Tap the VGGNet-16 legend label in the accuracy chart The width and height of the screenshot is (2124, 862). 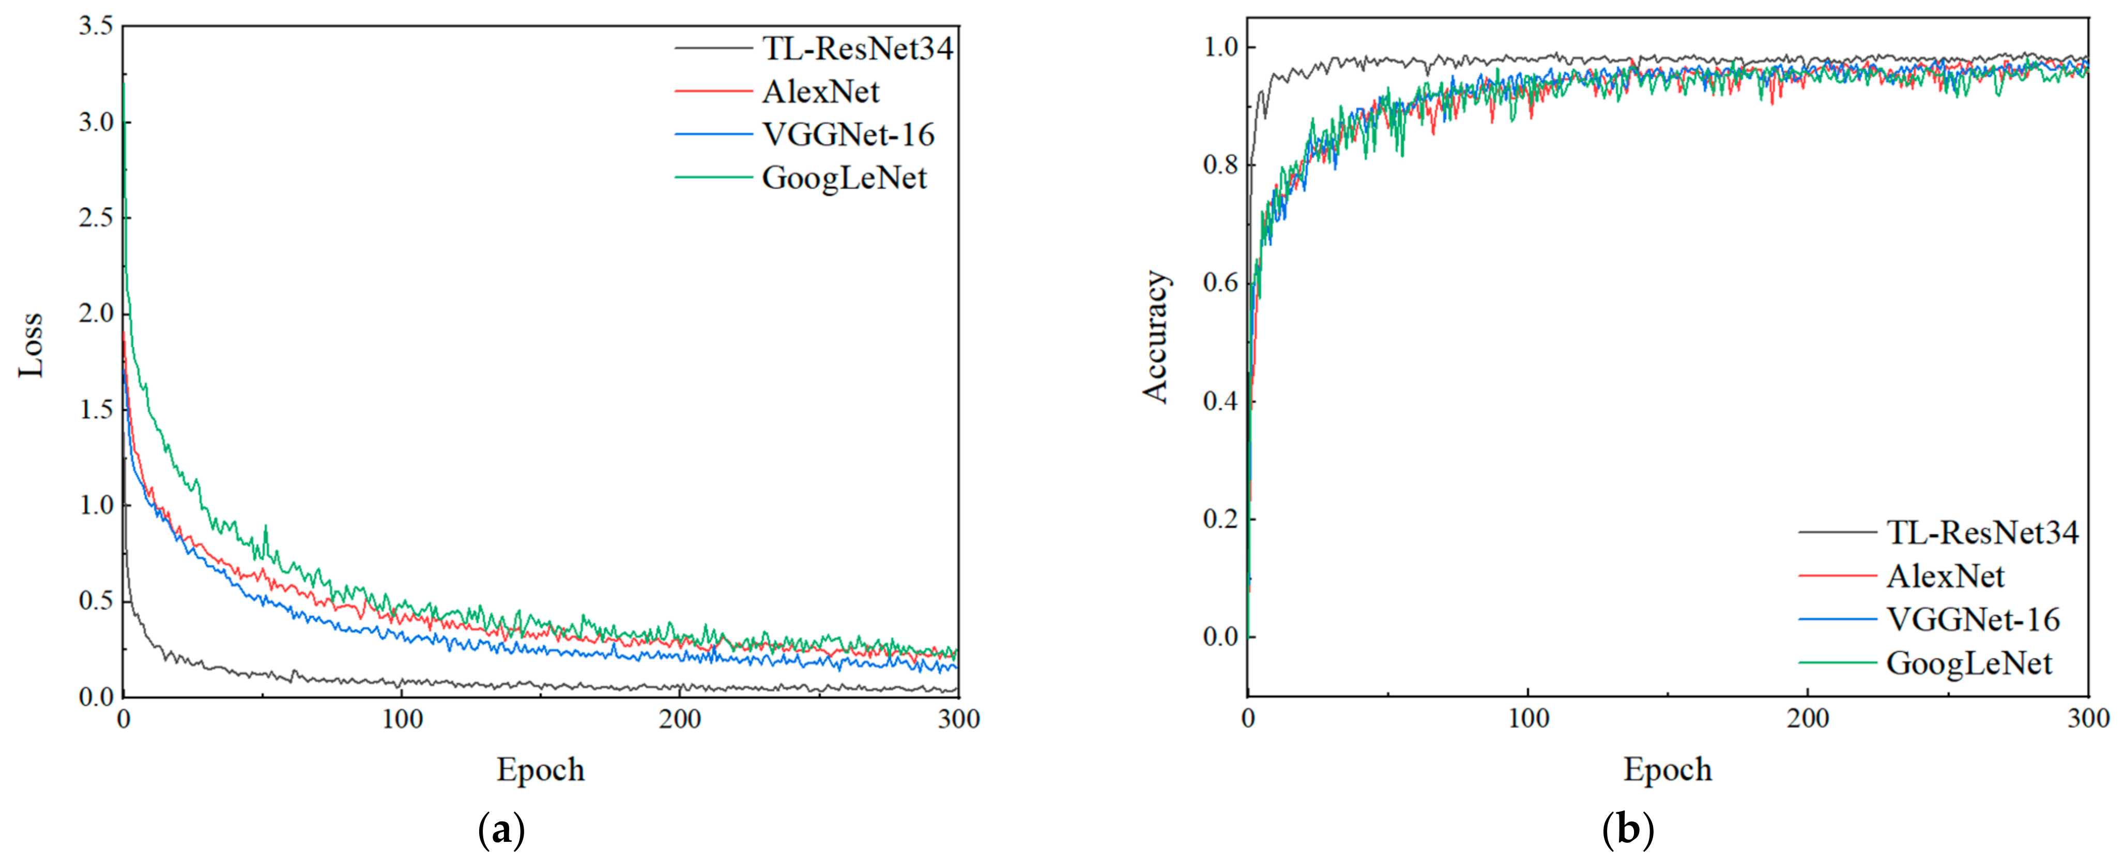pyautogui.click(x=1973, y=619)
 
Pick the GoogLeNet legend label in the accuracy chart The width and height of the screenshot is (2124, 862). pyautogui.click(x=1968, y=663)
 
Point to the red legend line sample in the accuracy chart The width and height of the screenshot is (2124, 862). pyautogui.click(x=1837, y=576)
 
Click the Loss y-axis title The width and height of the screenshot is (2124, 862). pyautogui.click(x=30, y=345)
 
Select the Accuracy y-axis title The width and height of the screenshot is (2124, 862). pyautogui.click(x=1155, y=337)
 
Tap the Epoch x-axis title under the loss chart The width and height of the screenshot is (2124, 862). pyautogui.click(x=540, y=769)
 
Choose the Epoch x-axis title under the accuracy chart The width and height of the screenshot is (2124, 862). pyautogui.click(x=1667, y=769)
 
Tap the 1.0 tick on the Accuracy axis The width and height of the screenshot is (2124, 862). pyautogui.click(x=1220, y=47)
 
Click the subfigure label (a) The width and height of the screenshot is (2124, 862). pyautogui.click(x=501, y=830)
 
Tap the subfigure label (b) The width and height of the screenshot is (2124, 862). pyautogui.click(x=1628, y=830)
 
